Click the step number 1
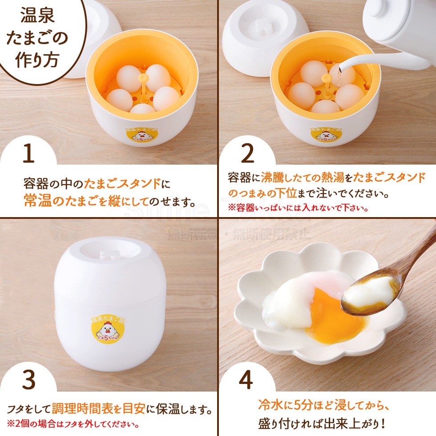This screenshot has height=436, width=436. (28, 154)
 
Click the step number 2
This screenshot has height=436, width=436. (247, 153)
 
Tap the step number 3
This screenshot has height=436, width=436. (28, 379)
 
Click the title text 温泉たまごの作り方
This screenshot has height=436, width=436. (38, 40)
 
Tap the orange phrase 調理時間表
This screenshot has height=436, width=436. (81, 408)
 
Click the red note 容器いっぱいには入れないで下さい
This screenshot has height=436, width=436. (298, 208)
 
